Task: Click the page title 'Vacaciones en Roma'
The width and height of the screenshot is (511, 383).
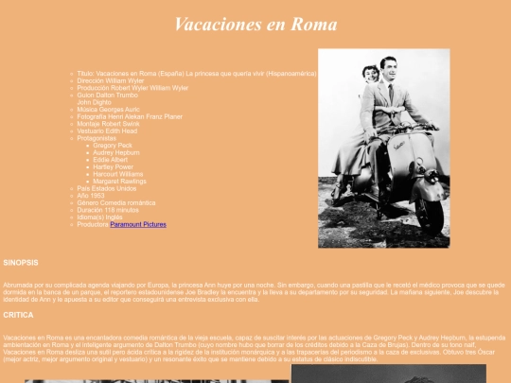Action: [255, 25]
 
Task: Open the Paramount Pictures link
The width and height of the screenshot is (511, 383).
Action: [138, 225]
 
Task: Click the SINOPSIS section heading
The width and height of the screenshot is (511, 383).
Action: [21, 261]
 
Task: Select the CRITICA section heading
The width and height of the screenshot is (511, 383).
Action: [18, 315]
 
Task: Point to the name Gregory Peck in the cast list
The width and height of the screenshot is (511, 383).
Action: [114, 146]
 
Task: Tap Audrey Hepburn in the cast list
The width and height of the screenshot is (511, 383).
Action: [116, 152]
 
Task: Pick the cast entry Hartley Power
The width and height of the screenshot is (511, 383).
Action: [114, 166]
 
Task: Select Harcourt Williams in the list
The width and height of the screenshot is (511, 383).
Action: [118, 174]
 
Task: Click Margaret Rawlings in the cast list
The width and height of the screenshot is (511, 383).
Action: [119, 182]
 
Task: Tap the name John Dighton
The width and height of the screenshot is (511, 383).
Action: [94, 102]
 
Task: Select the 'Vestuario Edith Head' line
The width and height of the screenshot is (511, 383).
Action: [108, 131]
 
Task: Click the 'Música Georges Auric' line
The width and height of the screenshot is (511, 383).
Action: [107, 110]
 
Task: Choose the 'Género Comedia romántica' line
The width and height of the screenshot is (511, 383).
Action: [116, 203]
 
